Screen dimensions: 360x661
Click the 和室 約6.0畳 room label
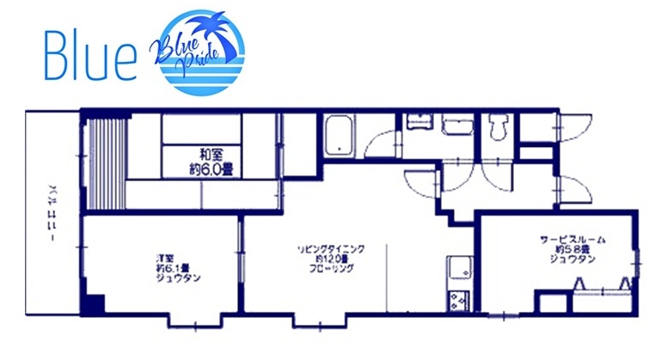(x=209, y=162)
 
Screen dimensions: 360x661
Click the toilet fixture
(x=496, y=130)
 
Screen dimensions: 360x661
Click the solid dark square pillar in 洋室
(x=94, y=303)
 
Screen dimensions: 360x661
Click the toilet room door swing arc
(x=497, y=175)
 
